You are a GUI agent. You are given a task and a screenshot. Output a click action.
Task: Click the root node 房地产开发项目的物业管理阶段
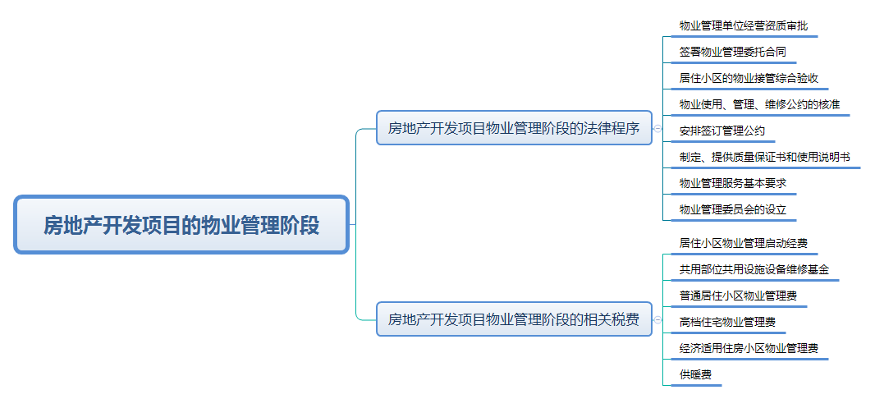(x=181, y=224)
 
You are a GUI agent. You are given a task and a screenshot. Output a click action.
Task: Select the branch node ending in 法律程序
(x=514, y=128)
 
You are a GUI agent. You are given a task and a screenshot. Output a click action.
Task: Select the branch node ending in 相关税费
(x=514, y=319)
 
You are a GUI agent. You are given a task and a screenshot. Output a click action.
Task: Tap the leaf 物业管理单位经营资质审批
(x=743, y=25)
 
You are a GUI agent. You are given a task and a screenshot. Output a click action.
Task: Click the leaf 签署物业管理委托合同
(x=733, y=52)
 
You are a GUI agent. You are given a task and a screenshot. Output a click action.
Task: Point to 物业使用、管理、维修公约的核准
(x=759, y=104)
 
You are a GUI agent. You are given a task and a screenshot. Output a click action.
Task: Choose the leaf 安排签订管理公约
(x=722, y=131)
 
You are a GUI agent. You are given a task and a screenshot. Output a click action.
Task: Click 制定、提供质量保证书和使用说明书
(x=764, y=157)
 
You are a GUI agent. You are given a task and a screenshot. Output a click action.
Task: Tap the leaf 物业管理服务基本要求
(x=733, y=183)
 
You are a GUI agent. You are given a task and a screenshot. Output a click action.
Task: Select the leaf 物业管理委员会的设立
(x=733, y=209)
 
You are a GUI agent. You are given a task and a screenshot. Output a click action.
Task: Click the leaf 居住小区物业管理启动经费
(x=743, y=243)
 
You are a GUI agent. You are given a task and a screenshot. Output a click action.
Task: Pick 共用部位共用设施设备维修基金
(x=754, y=269)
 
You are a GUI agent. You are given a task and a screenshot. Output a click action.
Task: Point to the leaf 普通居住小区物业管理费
(x=738, y=296)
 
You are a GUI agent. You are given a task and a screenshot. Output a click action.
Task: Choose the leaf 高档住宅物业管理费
(x=727, y=322)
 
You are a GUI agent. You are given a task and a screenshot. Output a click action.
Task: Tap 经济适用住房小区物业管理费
(x=749, y=348)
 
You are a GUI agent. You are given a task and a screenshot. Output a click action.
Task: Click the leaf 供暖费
(x=695, y=374)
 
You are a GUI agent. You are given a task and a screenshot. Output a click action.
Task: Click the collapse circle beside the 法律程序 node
(x=657, y=128)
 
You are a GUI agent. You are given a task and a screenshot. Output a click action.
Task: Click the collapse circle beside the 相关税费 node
(x=657, y=319)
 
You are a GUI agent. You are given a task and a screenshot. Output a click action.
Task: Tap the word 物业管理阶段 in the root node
(x=260, y=224)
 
